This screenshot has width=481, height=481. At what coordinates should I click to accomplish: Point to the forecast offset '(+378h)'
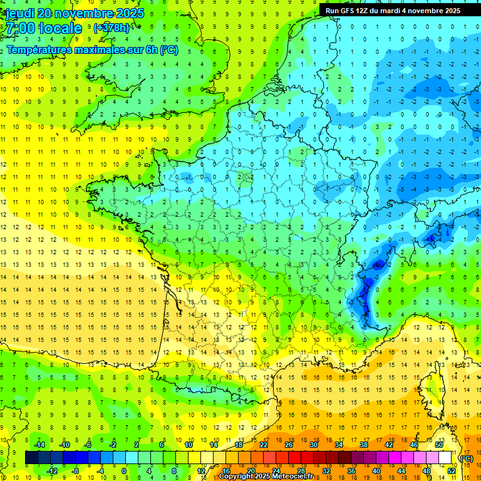[113, 28]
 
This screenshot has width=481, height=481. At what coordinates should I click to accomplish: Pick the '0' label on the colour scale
[124, 470]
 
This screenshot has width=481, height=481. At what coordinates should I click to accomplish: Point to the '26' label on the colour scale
[288, 445]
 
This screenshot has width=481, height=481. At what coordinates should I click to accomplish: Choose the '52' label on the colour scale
[451, 470]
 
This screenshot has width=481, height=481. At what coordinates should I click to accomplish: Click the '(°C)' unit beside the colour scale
[466, 458]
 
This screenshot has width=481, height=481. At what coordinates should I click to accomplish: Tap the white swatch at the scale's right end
[445, 458]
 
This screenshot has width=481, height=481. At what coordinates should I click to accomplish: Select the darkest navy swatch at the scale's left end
[31, 458]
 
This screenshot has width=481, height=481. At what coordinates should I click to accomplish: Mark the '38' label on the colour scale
[363, 445]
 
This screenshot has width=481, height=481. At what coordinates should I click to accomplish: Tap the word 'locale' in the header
[59, 28]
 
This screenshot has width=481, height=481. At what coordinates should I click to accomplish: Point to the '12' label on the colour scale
[200, 470]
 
